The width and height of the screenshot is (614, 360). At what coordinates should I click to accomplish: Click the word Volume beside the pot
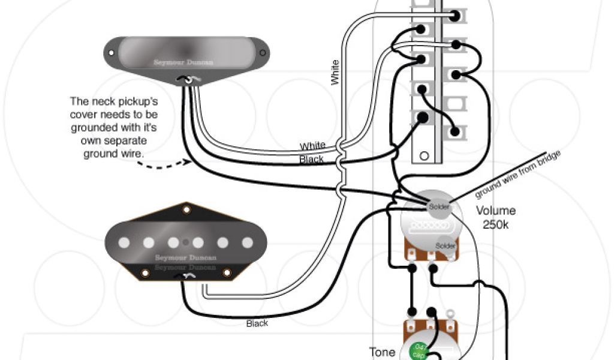point(496,211)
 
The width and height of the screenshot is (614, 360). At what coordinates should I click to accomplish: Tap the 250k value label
point(496,224)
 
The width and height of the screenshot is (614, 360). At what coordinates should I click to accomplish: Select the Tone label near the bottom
point(382,352)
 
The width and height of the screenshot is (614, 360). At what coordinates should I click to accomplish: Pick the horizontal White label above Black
point(312,146)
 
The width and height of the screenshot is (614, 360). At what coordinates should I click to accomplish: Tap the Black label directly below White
point(311,160)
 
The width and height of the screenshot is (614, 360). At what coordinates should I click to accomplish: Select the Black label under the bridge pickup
point(257,323)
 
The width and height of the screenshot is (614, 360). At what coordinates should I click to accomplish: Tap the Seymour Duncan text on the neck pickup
point(183,62)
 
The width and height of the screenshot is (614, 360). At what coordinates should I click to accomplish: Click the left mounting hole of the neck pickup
point(112,52)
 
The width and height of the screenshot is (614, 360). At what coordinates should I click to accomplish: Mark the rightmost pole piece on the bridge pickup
point(246,243)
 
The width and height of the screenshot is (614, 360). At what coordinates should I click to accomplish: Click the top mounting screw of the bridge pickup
point(186,210)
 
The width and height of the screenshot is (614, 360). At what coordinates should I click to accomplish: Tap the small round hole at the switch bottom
point(424,155)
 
